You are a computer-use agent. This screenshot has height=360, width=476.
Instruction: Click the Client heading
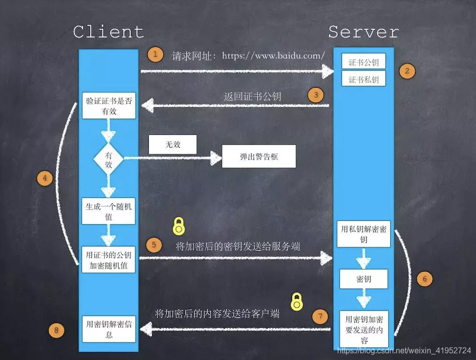coord(108,32)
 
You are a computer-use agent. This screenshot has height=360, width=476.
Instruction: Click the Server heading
coord(364,32)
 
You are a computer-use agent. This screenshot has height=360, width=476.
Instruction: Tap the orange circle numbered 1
coord(156,54)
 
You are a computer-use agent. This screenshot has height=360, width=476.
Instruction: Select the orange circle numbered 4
coord(45,179)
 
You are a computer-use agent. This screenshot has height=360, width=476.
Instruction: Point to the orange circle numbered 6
coord(425,279)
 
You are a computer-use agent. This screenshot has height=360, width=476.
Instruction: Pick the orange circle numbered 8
coord(56,330)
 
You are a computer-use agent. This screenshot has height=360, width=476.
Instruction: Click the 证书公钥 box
coord(364,62)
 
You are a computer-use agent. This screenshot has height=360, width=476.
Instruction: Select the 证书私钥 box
coord(364,79)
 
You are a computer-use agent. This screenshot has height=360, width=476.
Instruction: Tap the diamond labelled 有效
coord(108,159)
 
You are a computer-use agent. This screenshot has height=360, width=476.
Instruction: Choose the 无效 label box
coord(172,145)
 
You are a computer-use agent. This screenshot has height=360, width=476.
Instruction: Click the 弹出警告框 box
coord(259,157)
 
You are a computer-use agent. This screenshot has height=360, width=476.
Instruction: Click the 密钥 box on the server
coord(364,279)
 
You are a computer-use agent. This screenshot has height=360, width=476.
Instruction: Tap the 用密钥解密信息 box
coord(109,329)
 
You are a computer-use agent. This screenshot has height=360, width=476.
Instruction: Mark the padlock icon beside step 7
coord(296,302)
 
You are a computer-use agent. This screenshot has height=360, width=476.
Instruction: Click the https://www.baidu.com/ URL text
coord(273,56)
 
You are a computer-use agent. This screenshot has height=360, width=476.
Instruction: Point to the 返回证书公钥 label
coord(253,96)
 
